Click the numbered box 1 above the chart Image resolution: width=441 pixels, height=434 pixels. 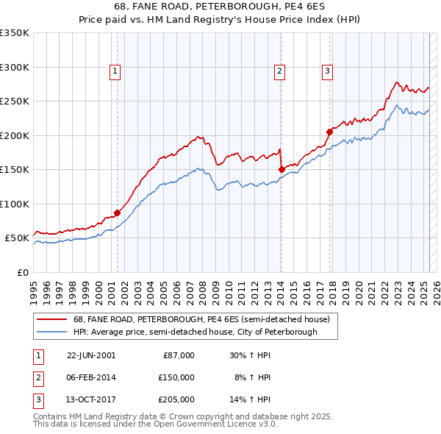point(116,71)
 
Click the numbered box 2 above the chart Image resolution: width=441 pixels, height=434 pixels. point(280,71)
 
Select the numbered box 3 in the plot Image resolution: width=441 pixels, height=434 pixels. point(327,71)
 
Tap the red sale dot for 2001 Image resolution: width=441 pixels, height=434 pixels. point(118,213)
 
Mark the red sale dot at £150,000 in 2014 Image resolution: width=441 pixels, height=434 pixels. point(282,169)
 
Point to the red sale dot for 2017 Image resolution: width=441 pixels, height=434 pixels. point(329,132)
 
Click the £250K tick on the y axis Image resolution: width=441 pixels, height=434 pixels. point(15,101)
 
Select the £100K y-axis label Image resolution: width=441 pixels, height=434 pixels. point(15,204)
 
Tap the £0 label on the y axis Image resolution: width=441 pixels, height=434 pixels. point(22,272)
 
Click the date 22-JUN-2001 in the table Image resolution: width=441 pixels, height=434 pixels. point(91,355)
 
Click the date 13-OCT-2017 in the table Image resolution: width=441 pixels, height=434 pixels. point(91,400)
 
